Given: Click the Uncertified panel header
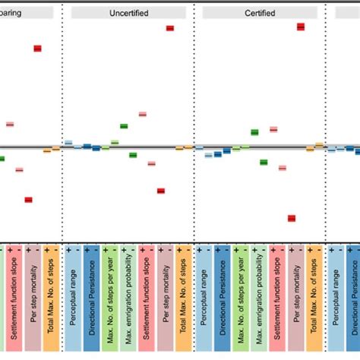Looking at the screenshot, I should (x=128, y=13).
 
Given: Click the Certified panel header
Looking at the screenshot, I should (x=260, y=13).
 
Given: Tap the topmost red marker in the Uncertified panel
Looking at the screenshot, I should (x=170, y=28).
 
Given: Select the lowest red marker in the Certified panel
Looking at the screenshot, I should (x=292, y=218).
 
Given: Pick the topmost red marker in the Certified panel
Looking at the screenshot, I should (x=301, y=27).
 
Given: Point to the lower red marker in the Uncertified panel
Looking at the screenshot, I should (x=161, y=191).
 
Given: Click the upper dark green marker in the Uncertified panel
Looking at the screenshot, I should (x=124, y=126).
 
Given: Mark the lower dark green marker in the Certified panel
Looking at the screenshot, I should (x=264, y=161).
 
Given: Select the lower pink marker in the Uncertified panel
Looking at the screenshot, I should (x=151, y=163).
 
